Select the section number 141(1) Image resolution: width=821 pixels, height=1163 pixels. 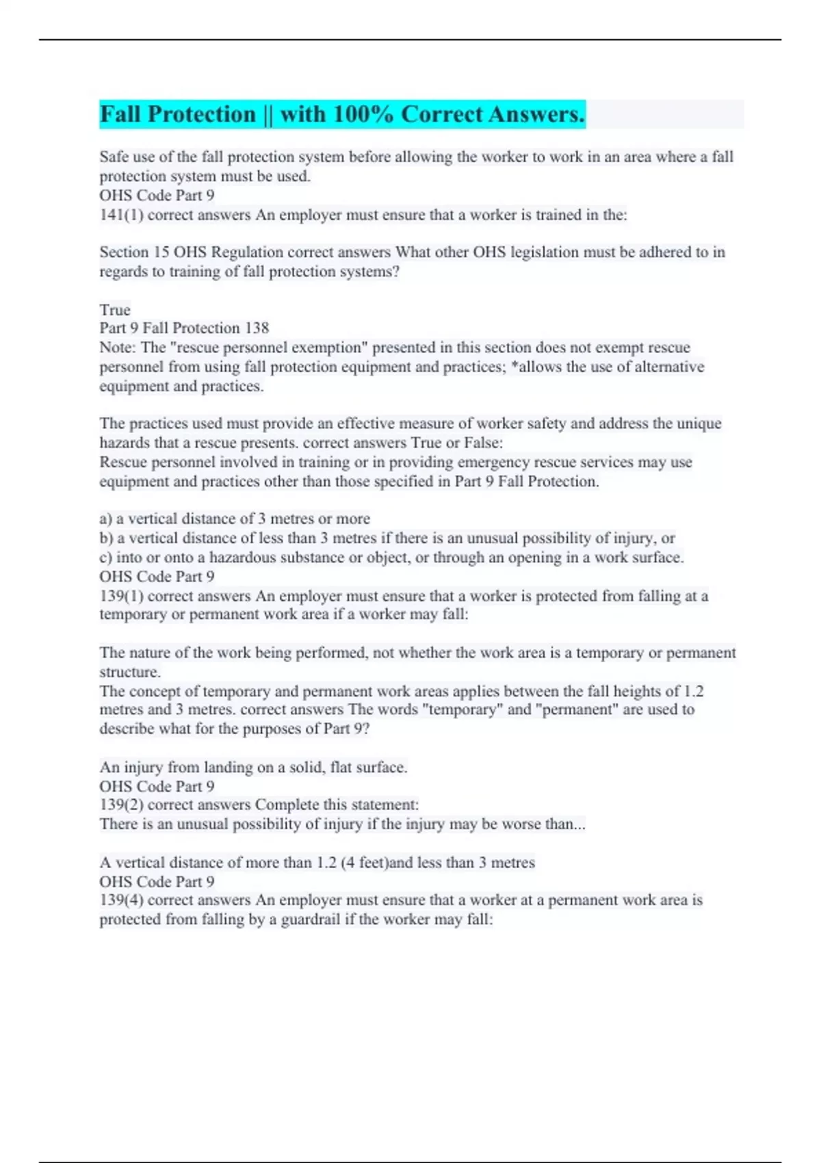click(120, 215)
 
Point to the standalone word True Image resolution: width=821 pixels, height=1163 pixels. click(115, 309)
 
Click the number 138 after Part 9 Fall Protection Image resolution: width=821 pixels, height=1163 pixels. click(257, 328)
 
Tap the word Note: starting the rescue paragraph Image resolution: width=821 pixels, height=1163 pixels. click(118, 348)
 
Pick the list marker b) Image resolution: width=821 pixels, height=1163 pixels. click(107, 538)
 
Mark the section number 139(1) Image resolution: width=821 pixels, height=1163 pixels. click(120, 596)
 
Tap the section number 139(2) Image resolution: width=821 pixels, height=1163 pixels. click(120, 805)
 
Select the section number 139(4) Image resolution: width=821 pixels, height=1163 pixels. click(120, 900)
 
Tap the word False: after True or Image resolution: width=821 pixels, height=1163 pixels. click(483, 443)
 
